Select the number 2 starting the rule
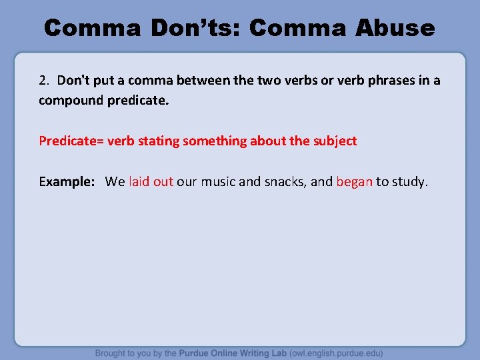[43, 81]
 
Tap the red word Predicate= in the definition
[71, 141]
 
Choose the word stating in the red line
[159, 141]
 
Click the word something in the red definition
[214, 141]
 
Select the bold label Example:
[67, 181]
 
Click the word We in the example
[115, 181]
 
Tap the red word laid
[140, 181]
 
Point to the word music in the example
[217, 181]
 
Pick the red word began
[354, 181]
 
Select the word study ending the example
[409, 181]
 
